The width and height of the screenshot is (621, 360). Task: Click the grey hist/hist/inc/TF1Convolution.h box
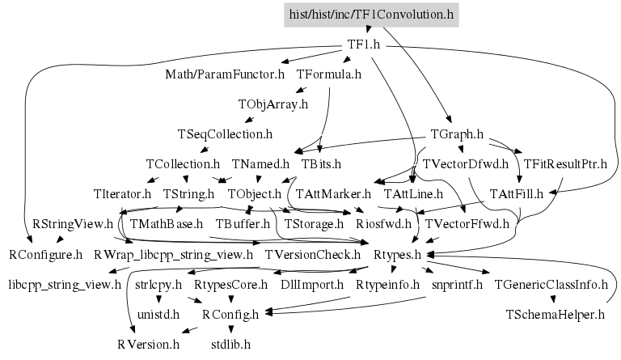372,14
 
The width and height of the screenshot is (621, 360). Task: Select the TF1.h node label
363,44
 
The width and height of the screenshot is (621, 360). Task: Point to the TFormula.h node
323,75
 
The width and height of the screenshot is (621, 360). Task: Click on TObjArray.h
272,104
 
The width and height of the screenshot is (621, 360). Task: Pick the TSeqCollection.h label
224,133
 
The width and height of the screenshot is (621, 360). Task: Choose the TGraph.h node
457,133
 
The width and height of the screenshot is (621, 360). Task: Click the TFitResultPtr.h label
565,164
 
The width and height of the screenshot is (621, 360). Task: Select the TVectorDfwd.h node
465,164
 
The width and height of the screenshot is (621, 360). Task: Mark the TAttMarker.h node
332,194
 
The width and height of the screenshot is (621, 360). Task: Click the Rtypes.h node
398,255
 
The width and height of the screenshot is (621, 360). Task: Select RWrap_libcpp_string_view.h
173,255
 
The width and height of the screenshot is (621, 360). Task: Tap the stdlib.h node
230,344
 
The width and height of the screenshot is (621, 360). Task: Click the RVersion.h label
148,344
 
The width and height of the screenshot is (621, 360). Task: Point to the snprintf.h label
457,285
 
